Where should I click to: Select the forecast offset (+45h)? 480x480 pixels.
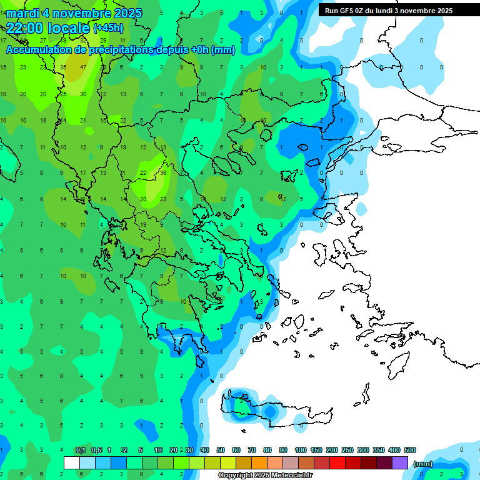[108, 28]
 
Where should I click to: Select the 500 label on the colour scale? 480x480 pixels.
[409, 451]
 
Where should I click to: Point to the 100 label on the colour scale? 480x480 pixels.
[300, 451]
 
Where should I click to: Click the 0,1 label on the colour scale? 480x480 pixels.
[81, 451]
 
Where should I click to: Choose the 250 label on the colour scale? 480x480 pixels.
[347, 451]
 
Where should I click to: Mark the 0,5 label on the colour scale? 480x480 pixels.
[96, 451]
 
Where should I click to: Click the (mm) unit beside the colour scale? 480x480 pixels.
[423, 464]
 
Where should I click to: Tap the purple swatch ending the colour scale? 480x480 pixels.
[400, 462]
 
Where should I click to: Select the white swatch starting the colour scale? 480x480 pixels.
[72, 462]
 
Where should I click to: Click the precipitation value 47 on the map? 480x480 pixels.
[83, 67]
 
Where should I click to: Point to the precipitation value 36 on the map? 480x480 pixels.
[163, 173]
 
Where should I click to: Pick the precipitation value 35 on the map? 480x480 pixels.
[63, 67]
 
